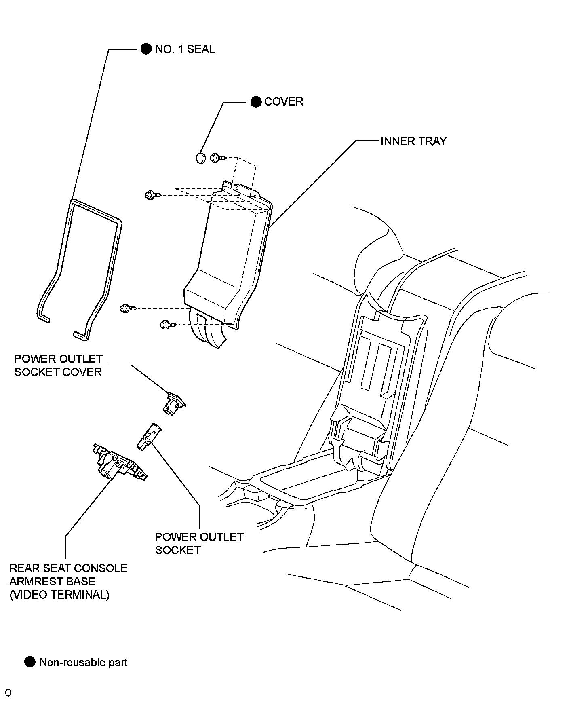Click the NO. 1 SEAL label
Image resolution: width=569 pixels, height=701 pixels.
click(185, 49)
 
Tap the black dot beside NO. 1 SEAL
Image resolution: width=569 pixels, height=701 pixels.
click(146, 49)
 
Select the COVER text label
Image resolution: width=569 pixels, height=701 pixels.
click(284, 101)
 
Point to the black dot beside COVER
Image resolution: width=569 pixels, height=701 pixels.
click(256, 101)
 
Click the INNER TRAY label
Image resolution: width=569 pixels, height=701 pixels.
click(413, 141)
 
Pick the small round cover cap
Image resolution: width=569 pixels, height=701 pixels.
click(200, 158)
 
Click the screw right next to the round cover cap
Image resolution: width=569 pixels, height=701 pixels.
click(216, 158)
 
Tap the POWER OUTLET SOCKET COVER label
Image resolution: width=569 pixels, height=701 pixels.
click(58, 365)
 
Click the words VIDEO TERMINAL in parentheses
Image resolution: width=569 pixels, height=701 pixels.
click(59, 595)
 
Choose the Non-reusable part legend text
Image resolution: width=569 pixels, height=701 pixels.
click(83, 662)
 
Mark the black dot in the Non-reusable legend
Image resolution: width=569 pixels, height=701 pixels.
click(30, 662)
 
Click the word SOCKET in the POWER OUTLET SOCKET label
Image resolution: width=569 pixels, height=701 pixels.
click(178, 550)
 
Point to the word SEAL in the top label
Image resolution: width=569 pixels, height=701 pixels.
click(201, 49)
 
